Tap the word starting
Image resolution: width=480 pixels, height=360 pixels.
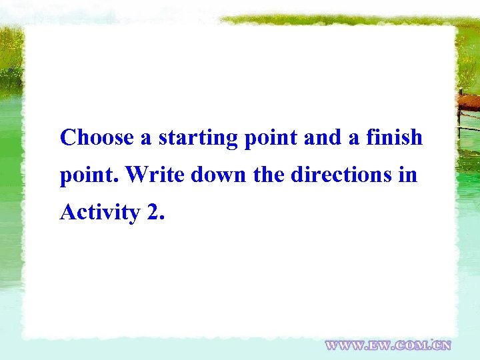click(198, 139)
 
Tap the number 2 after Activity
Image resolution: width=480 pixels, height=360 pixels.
click(151, 213)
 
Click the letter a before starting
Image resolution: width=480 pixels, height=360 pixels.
click(147, 139)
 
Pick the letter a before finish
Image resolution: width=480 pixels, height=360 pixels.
click(353, 139)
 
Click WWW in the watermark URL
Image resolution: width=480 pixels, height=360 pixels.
click(345, 345)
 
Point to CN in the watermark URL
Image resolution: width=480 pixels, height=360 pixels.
click(443, 345)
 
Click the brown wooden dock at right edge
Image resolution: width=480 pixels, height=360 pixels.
click(469, 102)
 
